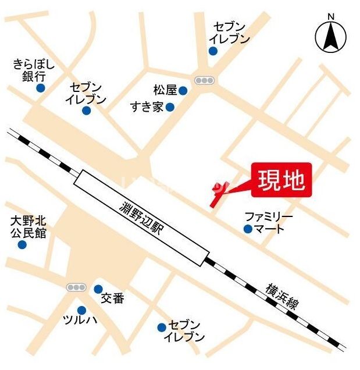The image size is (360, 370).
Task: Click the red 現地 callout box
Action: click(x=281, y=180)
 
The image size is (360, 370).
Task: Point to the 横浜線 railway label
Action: click(x=283, y=297)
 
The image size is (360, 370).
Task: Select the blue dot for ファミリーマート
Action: click(x=248, y=229)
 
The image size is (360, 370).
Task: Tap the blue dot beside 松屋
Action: click(x=183, y=90)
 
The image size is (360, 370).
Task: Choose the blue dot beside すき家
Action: click(x=170, y=107)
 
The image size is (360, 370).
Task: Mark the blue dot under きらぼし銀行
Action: click(x=40, y=88)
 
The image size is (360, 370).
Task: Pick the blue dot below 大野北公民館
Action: click(x=22, y=244)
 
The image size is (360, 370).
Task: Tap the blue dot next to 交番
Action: click(x=98, y=289)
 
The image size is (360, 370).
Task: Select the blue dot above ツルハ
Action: click(x=81, y=310)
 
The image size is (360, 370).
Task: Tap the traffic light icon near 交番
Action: click(x=76, y=287)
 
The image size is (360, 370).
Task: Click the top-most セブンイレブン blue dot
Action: click(x=213, y=51)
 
